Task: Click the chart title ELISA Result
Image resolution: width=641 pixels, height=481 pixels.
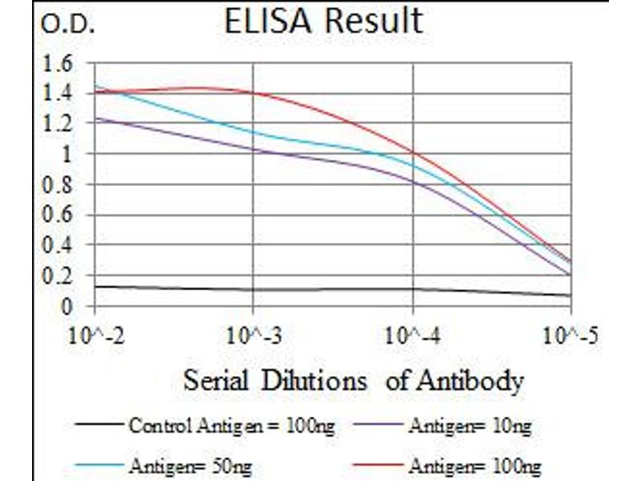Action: tap(323, 21)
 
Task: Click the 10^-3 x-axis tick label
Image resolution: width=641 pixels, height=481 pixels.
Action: tap(253, 333)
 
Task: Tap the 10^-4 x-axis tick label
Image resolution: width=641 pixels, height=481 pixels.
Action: tap(413, 333)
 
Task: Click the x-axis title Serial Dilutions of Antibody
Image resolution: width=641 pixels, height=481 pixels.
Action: tap(353, 380)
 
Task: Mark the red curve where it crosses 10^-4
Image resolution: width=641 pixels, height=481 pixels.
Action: tap(413, 152)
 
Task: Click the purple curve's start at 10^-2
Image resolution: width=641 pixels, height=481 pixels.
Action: tap(95, 119)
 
